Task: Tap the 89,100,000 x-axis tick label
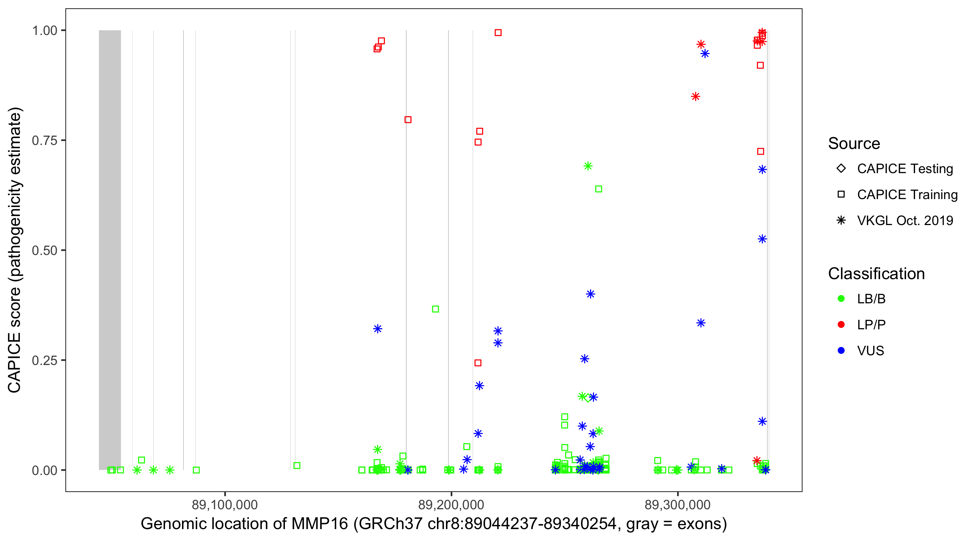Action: tap(225, 505)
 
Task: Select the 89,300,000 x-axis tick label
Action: tap(677, 505)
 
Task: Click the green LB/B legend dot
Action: tap(841, 299)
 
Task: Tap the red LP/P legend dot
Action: tap(841, 325)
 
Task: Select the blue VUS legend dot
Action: tap(841, 351)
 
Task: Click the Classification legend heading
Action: tap(876, 274)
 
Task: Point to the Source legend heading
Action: tap(854, 144)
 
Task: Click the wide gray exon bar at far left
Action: tap(110, 250)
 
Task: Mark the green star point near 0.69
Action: tap(588, 166)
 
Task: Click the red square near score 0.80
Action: tap(408, 120)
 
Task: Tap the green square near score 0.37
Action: tap(435, 309)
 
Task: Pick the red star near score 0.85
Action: tap(695, 97)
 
